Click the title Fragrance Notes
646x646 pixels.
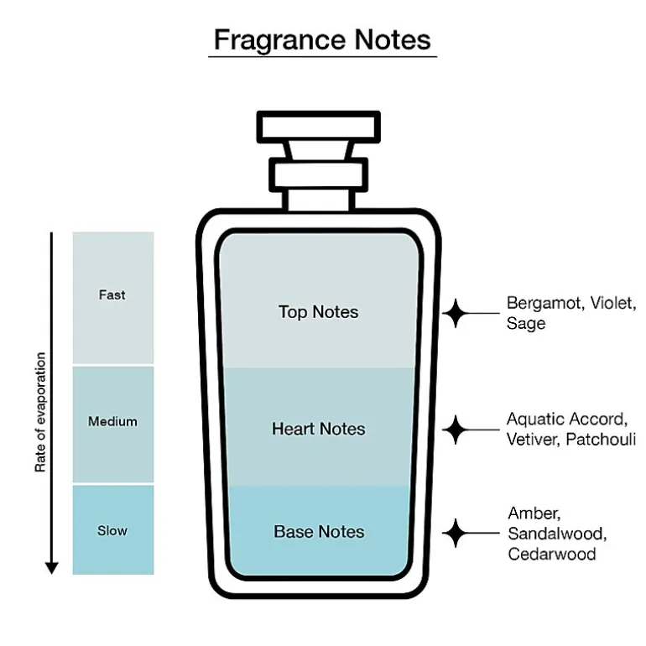(322, 40)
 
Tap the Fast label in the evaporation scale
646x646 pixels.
(112, 295)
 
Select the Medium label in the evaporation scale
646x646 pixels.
(112, 421)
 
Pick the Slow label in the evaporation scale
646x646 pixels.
(112, 530)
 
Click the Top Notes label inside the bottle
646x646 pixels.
(319, 312)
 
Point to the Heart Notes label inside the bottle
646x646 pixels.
(319, 429)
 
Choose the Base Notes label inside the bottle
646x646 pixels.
(319, 531)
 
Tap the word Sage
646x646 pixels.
(526, 324)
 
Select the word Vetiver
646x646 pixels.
(533, 439)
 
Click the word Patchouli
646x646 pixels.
(600, 439)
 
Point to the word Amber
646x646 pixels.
(534, 513)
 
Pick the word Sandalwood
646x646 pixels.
(557, 534)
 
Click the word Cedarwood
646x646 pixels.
(552, 554)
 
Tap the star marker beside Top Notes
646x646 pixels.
(456, 314)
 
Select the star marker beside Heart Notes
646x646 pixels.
(456, 430)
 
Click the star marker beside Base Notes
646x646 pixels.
(456, 533)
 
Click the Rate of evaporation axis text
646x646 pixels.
(40, 412)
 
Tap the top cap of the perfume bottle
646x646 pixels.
(319, 127)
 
